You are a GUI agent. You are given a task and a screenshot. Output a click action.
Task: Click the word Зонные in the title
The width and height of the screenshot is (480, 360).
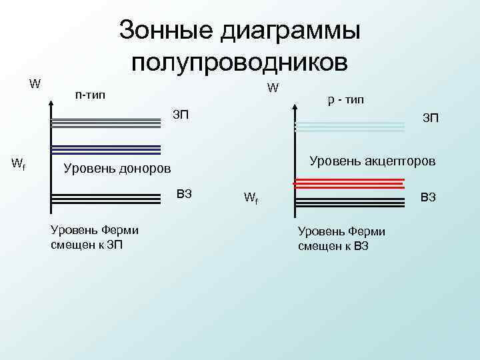click(x=166, y=30)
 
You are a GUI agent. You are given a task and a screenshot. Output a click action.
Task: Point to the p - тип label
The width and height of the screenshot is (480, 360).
click(x=345, y=100)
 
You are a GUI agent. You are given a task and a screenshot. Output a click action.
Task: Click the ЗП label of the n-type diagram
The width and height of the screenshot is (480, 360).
click(x=181, y=115)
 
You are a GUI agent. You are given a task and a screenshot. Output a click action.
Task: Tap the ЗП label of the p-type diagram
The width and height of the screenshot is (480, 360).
click(x=431, y=119)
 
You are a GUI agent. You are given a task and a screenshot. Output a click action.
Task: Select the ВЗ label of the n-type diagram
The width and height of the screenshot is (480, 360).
click(x=184, y=194)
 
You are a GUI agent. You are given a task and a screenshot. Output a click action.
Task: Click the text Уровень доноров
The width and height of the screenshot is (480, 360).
click(x=117, y=167)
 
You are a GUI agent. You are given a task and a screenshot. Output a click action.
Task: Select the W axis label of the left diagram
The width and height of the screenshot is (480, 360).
click(x=35, y=84)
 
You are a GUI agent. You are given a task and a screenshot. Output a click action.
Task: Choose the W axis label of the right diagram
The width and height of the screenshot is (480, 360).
click(x=274, y=87)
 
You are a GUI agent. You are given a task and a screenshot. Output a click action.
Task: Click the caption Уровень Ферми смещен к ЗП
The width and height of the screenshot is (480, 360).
click(x=95, y=237)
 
